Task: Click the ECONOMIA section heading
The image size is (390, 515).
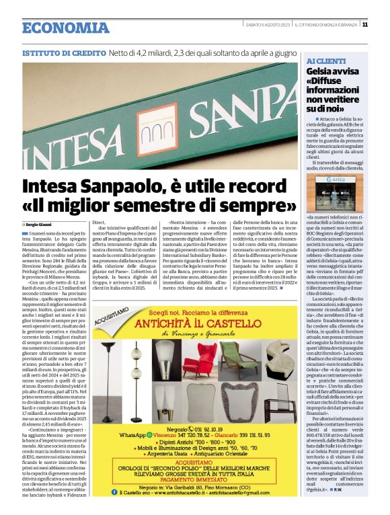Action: pos(65,28)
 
